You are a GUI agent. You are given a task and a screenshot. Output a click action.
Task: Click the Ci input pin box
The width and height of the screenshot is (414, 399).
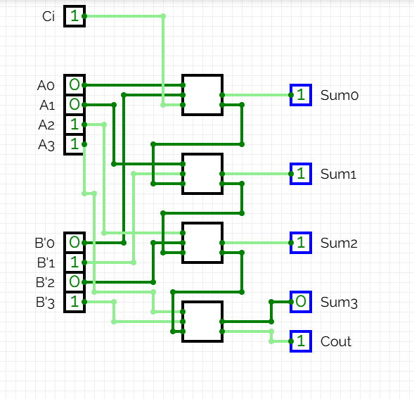75,15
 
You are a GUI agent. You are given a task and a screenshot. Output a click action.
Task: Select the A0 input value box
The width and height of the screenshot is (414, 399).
75,85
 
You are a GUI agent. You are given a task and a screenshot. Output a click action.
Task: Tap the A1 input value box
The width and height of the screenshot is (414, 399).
75,105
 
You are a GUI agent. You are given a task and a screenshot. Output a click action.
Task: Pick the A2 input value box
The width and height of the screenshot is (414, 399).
75,125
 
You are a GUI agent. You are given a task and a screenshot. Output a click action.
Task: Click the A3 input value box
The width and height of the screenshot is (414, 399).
75,144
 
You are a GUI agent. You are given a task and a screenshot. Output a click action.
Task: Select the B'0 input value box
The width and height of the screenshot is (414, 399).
75,243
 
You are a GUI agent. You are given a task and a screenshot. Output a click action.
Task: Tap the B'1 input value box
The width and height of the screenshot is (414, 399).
75,262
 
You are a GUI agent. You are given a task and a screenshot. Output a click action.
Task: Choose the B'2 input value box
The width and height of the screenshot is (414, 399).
75,282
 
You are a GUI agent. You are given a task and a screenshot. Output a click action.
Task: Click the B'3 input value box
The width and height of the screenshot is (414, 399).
75,302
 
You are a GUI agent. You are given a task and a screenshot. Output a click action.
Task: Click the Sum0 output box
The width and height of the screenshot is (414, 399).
300,94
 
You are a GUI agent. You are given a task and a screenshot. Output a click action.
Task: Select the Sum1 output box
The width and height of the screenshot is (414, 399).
300,173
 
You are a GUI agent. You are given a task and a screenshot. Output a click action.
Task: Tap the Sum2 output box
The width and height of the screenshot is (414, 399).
300,243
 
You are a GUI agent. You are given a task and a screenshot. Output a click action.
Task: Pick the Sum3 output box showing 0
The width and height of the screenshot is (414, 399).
300,302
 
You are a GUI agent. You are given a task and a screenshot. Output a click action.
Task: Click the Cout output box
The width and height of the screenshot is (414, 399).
300,341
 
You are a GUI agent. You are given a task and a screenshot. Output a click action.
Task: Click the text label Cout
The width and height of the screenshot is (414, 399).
336,342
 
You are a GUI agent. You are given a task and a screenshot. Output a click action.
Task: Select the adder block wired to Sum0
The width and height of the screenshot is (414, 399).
202,95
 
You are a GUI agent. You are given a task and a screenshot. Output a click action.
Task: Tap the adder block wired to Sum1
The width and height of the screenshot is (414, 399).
202,174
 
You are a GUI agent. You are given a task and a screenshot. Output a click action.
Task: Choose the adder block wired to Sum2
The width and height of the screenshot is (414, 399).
202,243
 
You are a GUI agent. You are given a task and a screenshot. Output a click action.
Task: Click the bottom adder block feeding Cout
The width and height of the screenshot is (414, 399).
202,322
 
